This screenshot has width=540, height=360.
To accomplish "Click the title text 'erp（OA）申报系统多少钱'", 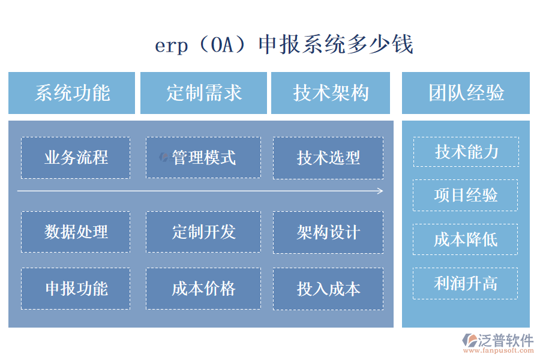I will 284,45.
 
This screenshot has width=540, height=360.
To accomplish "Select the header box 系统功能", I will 72,93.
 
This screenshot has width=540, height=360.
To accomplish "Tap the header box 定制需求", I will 203,93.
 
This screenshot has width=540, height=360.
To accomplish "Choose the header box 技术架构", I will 331,93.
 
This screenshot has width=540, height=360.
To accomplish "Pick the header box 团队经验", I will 466,93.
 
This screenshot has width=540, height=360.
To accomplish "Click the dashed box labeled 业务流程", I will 76,158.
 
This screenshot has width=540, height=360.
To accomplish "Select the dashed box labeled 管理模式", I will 203,158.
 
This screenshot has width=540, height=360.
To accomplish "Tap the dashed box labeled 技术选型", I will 328,158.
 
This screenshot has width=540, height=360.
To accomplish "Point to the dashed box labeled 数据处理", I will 76,232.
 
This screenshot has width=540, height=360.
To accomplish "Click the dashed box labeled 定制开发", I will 203,232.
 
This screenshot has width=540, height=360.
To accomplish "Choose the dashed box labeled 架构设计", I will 328,232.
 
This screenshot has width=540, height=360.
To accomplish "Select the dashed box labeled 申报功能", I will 76,289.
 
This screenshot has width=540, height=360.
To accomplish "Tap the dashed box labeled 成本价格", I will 203,289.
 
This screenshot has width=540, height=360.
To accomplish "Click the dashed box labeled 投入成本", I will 328,289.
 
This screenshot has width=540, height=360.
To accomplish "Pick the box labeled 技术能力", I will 466,152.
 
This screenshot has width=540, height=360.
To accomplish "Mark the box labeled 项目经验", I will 466,195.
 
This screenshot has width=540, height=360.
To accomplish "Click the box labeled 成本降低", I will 466,239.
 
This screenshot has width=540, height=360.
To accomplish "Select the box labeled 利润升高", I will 466,283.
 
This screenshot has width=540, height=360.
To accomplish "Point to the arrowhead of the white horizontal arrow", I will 380,191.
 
